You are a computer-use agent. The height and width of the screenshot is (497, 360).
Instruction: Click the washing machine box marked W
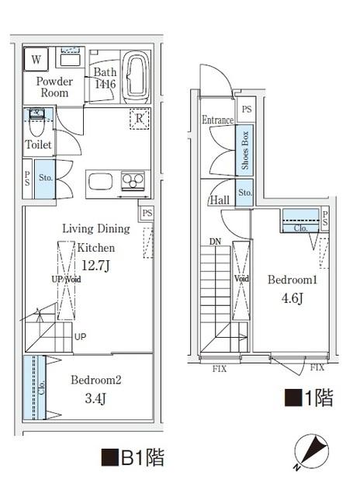pyautogui.click(x=36, y=59)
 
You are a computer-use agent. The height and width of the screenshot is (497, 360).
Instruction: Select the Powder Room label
pyautogui.click(x=54, y=87)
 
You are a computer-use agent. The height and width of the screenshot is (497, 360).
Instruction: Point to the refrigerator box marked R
pyautogui.click(x=140, y=120)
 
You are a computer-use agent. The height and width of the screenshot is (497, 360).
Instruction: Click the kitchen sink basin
pyautogui.click(x=101, y=182)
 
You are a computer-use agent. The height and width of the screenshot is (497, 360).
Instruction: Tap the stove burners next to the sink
pyautogui.click(x=133, y=181)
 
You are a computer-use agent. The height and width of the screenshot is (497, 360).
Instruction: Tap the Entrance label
pyautogui.click(x=218, y=120)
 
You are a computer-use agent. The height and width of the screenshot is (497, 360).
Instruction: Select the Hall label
pyautogui.click(x=219, y=200)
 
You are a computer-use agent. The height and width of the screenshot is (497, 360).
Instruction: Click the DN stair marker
pyautogui.click(x=215, y=242)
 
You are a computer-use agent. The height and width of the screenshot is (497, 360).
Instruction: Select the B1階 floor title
pyautogui.click(x=132, y=457)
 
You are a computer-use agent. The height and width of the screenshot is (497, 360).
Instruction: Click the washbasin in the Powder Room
pyautogui.click(x=70, y=59)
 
